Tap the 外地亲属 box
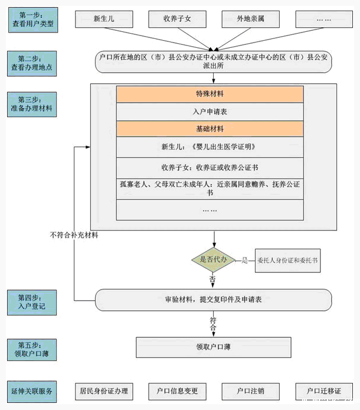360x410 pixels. (x=250, y=19)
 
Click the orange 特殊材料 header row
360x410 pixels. (x=210, y=95)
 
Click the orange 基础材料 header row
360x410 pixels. (x=210, y=129)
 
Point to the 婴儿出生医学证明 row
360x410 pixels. (x=210, y=147)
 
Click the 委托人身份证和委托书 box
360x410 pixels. (x=287, y=261)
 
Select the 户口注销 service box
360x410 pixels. (x=250, y=391)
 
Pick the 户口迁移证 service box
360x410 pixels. (x=323, y=391)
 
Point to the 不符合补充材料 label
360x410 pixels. (x=74, y=235)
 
